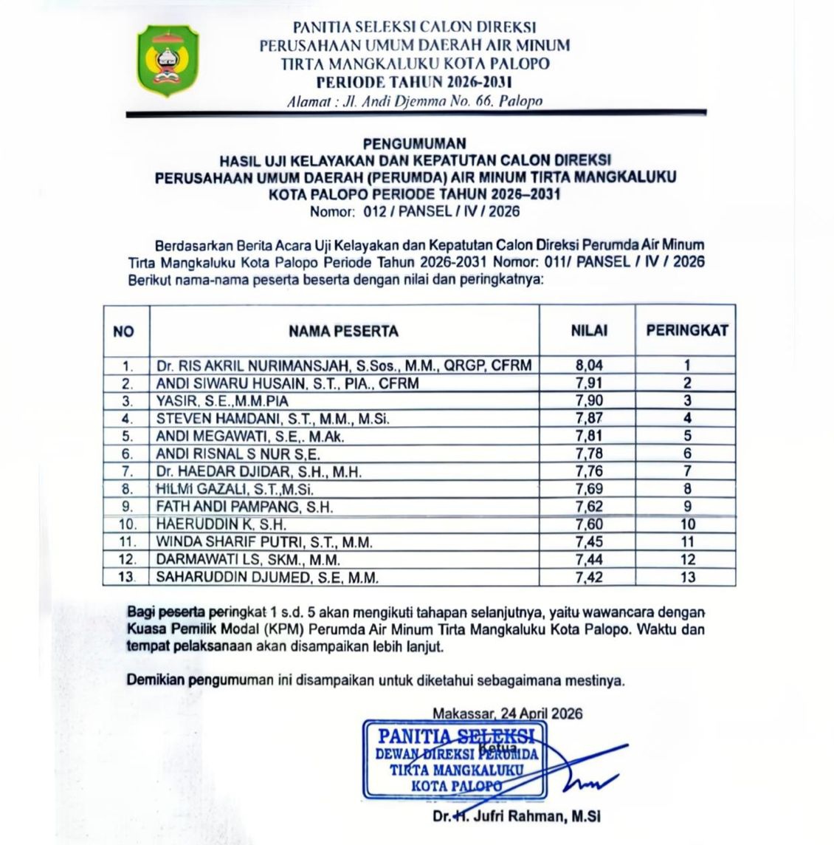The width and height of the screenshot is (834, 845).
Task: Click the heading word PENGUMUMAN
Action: [415, 143]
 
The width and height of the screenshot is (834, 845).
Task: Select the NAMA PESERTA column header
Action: [343, 331]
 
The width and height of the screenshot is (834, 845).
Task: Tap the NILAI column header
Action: [589, 331]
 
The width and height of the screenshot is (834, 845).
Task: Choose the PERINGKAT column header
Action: [686, 331]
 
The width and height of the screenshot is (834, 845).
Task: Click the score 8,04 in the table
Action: [589, 365]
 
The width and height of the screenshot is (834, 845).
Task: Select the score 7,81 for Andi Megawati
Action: [589, 436]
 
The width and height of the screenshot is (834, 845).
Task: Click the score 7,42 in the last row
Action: [589, 578]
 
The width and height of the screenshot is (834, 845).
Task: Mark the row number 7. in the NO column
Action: [127, 472]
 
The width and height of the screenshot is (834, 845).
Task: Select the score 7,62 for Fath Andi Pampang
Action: [589, 507]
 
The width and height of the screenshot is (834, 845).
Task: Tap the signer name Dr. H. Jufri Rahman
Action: [517, 817]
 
